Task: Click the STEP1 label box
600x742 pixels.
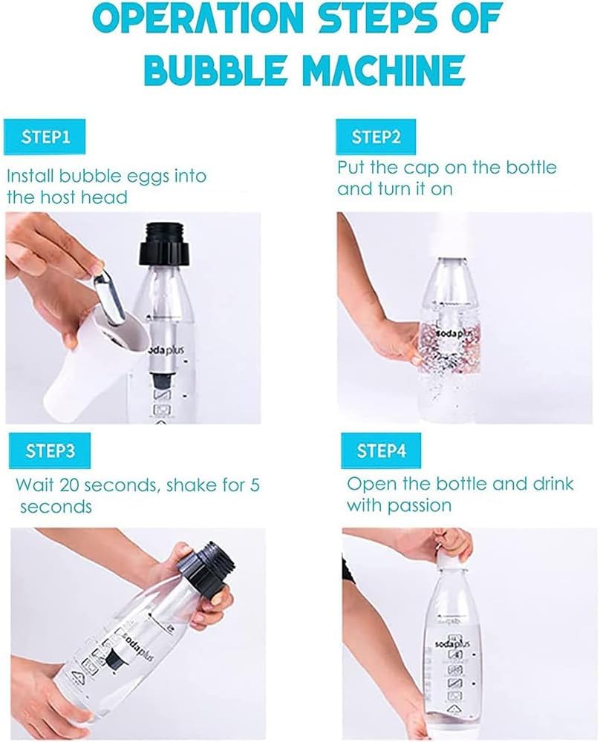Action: [47, 138]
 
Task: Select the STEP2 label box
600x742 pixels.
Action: [376, 137]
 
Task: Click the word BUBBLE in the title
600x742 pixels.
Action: [212, 70]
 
